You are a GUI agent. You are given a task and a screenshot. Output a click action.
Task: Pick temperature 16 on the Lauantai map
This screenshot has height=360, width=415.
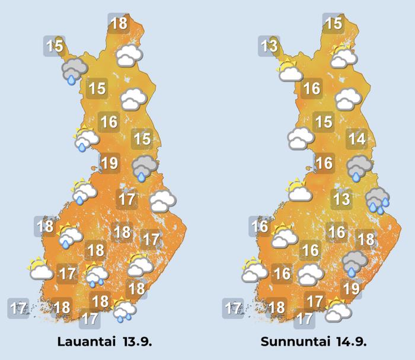109,122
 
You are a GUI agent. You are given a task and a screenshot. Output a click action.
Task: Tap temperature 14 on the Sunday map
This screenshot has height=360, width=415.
357,139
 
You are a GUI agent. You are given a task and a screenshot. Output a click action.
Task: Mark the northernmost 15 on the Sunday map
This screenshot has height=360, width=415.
334,24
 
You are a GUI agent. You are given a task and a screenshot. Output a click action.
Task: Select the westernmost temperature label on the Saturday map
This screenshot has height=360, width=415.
18,308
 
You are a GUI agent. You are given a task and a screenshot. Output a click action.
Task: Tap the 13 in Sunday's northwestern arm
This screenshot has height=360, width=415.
269,45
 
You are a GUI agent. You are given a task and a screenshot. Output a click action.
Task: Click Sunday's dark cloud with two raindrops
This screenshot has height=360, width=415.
377,199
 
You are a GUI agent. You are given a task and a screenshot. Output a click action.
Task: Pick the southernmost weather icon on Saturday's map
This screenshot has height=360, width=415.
124,309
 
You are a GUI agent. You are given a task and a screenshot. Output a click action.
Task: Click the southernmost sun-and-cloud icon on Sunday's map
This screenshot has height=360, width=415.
338,309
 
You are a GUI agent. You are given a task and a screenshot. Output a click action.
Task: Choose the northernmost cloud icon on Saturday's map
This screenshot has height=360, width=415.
129,56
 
